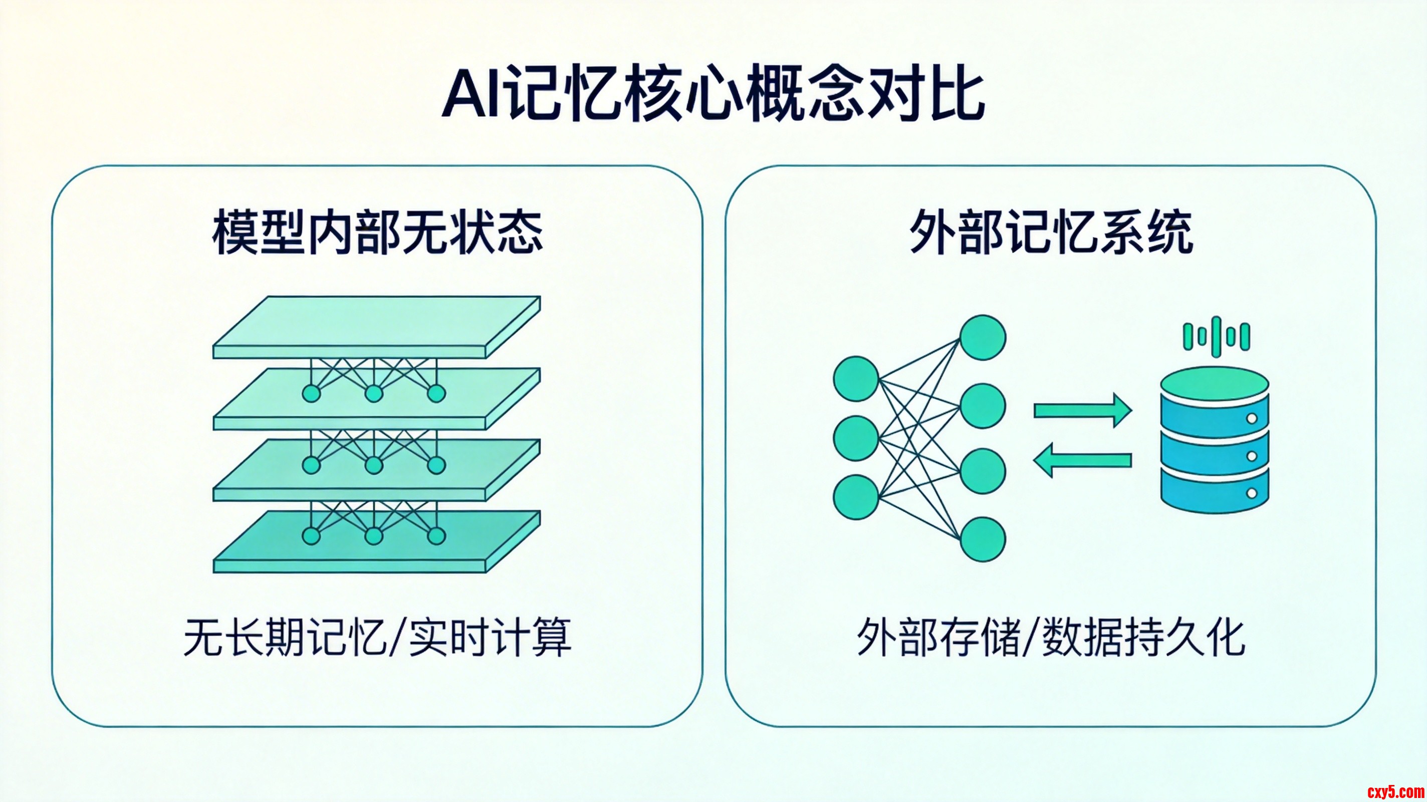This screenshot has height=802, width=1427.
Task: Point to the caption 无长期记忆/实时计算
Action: [x=377, y=638]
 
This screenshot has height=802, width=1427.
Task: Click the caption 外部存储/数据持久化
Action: [x=1051, y=638]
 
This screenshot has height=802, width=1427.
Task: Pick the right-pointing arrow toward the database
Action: [x=1082, y=411]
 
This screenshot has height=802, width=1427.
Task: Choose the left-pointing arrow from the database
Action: [x=1082, y=460]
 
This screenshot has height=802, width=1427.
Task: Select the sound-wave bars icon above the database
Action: [x=1217, y=336]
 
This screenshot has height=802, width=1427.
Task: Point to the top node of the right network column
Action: [x=983, y=337]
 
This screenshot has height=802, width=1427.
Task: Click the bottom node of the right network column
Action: [x=983, y=539]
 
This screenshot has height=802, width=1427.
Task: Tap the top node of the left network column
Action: [x=856, y=378]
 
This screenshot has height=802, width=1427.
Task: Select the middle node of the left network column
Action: [x=856, y=438]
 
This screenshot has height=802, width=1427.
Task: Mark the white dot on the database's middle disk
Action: [x=1252, y=456]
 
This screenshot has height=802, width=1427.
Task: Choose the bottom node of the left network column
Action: [x=856, y=497]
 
